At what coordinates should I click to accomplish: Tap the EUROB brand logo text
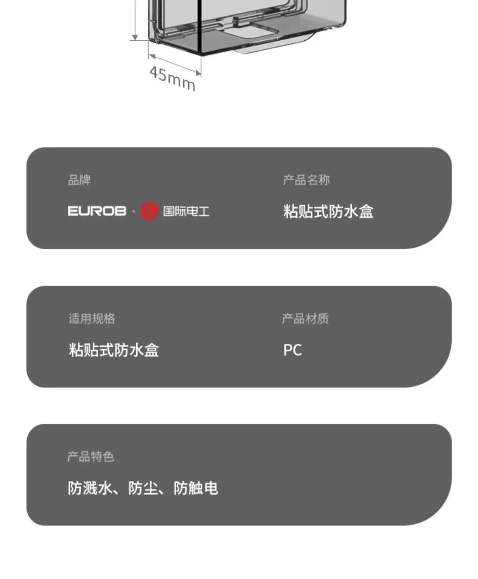(x=97, y=211)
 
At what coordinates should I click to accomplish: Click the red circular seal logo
(x=150, y=211)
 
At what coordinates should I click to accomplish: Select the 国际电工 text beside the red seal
(x=186, y=211)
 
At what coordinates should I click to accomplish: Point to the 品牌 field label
(x=79, y=180)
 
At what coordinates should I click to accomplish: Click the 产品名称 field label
(x=307, y=180)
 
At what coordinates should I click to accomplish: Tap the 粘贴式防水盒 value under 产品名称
(x=328, y=212)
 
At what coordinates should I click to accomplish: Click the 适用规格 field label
(x=92, y=318)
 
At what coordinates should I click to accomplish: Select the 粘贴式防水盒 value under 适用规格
(x=114, y=350)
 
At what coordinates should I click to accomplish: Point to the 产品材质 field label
(x=305, y=318)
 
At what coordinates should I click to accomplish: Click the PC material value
(x=292, y=350)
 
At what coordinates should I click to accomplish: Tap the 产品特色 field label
(x=91, y=457)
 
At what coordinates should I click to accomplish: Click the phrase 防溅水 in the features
(x=90, y=488)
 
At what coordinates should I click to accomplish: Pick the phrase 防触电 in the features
(x=196, y=488)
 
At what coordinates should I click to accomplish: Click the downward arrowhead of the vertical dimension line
(x=135, y=37)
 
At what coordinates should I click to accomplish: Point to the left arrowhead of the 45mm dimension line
(x=152, y=57)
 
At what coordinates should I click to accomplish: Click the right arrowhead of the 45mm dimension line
(x=198, y=73)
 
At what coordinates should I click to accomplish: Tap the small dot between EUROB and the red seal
(x=134, y=211)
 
